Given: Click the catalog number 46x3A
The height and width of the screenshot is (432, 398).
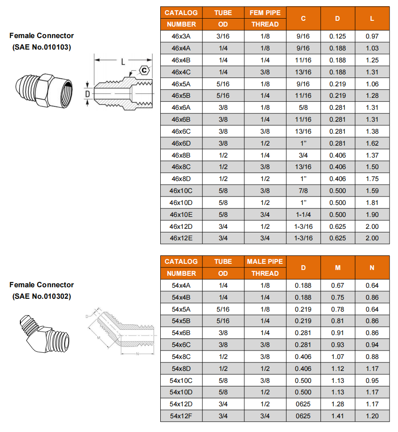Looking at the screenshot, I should [181, 36].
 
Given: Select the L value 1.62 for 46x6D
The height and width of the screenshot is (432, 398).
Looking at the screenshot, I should [372, 143].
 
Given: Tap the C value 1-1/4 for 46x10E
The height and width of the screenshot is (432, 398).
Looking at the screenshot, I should [303, 215].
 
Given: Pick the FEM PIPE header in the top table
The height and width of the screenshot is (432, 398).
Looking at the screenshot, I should [265, 12].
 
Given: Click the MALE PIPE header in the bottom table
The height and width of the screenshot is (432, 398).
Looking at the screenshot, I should [265, 262].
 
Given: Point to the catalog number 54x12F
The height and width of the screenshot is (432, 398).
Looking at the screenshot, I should [181, 416].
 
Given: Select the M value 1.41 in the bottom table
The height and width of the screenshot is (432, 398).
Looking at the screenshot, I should [337, 416].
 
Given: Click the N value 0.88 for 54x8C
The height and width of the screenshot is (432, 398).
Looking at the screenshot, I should [372, 357].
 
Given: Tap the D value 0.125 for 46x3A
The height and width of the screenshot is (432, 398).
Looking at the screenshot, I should [337, 36].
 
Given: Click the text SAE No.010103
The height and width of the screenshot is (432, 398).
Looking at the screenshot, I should [42, 47].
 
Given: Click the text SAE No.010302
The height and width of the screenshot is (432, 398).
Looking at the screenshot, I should [42, 296].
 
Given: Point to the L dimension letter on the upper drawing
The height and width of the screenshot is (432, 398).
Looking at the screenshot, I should [124, 62].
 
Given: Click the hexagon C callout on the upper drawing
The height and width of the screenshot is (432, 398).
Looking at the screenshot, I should [144, 69].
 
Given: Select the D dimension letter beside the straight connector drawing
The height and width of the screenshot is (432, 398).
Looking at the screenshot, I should [87, 94].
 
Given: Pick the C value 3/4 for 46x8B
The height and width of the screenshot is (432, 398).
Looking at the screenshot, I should [303, 155].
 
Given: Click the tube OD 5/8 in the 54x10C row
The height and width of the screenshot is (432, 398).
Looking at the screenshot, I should [223, 381].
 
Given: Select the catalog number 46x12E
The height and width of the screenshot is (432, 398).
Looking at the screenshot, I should [181, 238].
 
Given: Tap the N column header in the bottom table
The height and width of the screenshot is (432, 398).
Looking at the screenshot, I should [372, 267].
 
